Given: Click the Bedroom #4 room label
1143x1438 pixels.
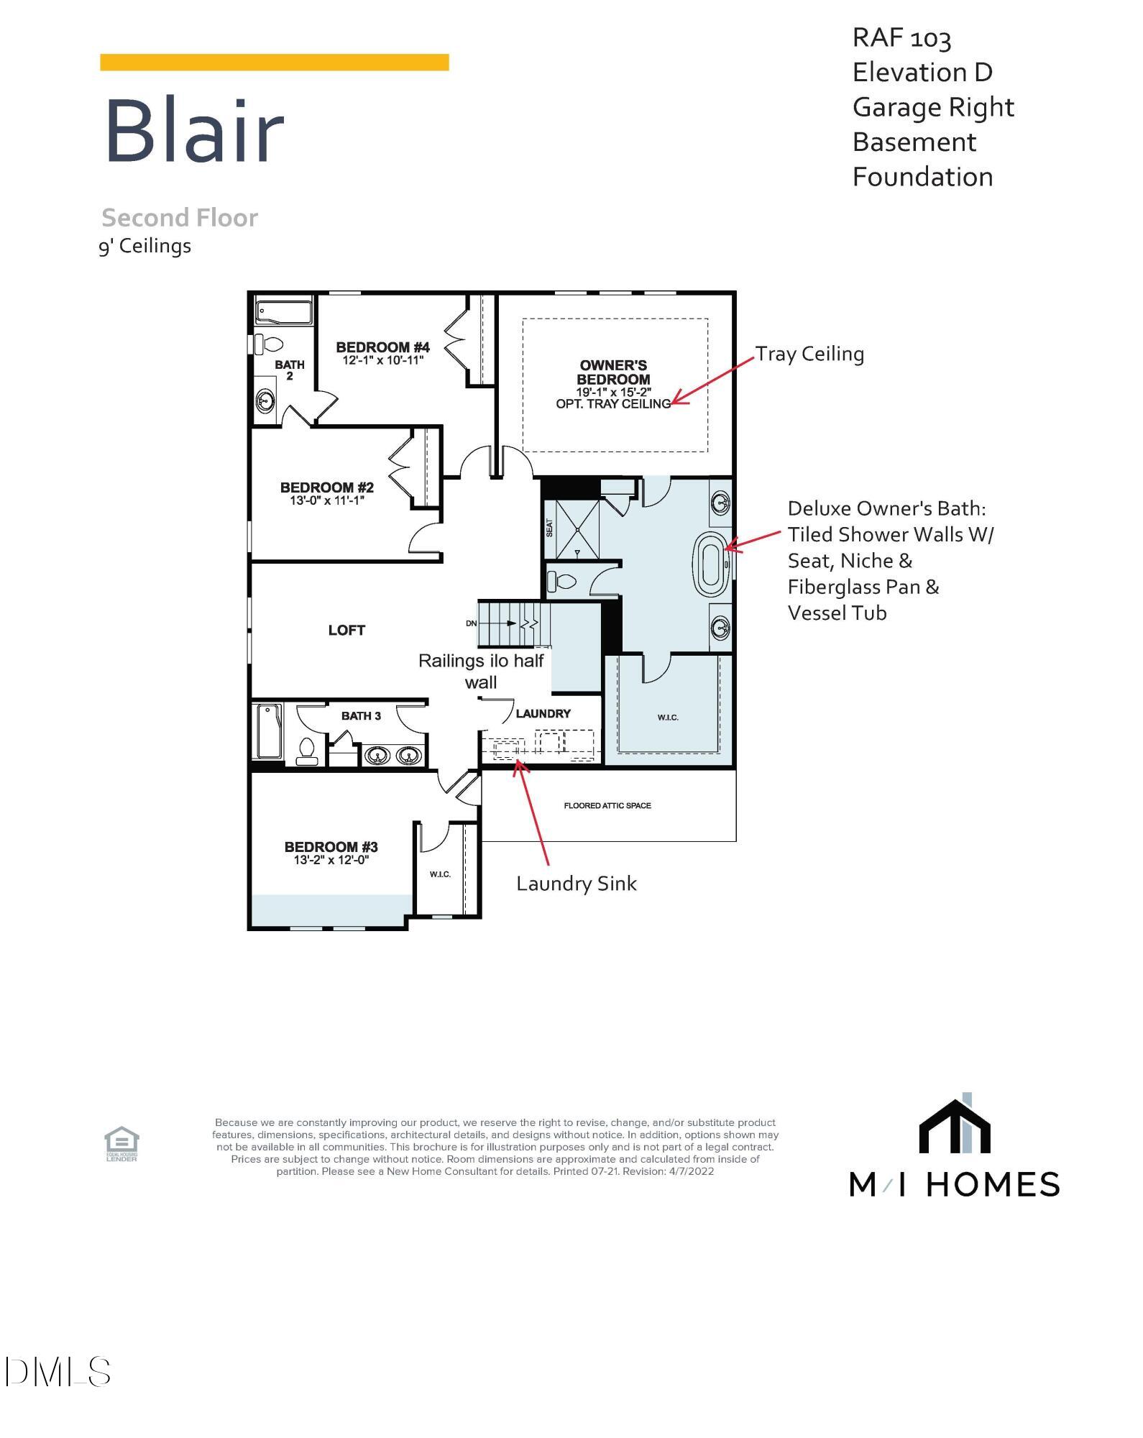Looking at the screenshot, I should coord(382,347).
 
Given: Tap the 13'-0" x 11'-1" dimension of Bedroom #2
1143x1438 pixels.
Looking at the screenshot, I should coord(327,500).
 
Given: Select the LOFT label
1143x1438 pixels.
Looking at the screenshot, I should coord(346,631).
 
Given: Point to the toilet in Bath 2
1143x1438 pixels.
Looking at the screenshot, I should coord(271,344).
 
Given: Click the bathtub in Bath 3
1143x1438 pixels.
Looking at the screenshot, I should coord(268,731).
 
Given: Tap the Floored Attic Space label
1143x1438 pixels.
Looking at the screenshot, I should coord(607,805).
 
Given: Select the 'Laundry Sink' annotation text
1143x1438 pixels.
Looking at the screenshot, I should coord(576,884).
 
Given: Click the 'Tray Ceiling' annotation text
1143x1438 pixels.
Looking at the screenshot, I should coord(809,354).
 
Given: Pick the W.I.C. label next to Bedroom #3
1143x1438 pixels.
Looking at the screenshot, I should coord(440,874).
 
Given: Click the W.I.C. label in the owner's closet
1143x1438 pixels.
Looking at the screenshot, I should coord(668,718).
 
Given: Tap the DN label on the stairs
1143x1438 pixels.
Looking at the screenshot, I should coord(472,623).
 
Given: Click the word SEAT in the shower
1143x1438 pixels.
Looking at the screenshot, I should coord(550,528).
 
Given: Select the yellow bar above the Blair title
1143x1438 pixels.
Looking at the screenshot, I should coord(274,63).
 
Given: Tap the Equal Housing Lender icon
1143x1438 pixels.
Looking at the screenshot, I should coord(121,1144).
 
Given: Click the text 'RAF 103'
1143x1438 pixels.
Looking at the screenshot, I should coord(901,37).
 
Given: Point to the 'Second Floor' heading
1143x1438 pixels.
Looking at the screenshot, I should coord(180,218).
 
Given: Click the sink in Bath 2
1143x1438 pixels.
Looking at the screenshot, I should coord(265,401).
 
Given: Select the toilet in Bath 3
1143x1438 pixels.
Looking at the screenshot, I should coord(307,751).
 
